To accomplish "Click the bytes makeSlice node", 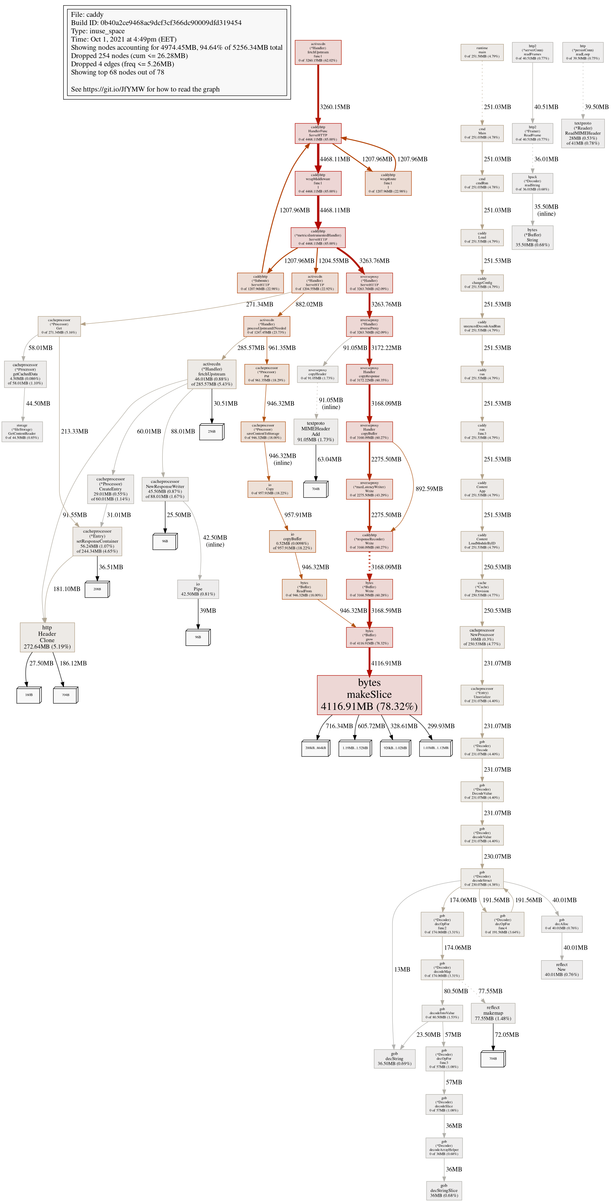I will point(369,695).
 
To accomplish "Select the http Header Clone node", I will point(47,637).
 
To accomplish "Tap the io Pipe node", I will point(198,589).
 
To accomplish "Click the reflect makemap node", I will point(493,1013).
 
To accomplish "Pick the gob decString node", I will point(395,1059).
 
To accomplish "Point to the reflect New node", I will point(562,969).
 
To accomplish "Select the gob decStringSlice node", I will point(444,1190).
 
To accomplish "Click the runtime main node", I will point(482,52).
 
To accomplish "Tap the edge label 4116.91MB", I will point(386,663).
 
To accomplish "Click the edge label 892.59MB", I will point(429,489).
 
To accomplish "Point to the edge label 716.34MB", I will point(339,726).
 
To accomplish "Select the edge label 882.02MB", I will point(309,304).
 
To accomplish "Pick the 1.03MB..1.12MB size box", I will point(435,748).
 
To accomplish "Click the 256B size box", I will point(211,432).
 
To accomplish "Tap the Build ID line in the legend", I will point(156,23).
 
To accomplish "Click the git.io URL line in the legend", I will point(145,89).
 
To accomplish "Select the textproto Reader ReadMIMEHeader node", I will point(582,134).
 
